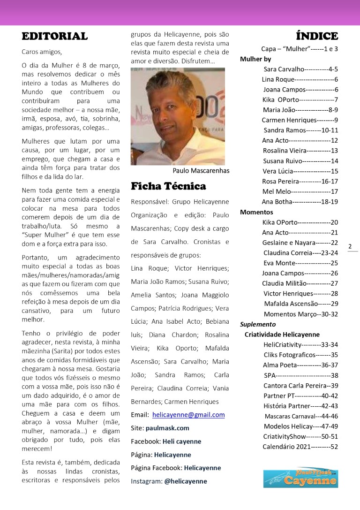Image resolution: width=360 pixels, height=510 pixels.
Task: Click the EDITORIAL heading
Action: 55,36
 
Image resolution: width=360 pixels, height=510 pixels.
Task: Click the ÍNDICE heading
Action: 317,36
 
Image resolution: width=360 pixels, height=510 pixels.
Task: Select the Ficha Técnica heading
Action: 168,186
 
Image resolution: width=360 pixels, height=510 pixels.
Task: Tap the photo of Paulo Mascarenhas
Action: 178,116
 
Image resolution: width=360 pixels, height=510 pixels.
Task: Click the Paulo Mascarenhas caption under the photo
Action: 201,171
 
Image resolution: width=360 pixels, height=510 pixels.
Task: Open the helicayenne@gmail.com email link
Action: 188,415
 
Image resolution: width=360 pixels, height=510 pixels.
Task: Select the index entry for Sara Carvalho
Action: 300,69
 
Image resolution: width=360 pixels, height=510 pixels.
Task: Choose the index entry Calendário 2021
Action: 300,446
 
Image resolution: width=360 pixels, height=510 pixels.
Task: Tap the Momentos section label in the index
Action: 256,212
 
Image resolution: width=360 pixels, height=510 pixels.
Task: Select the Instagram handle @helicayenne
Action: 186,481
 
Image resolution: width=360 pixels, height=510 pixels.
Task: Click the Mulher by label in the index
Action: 255,59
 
